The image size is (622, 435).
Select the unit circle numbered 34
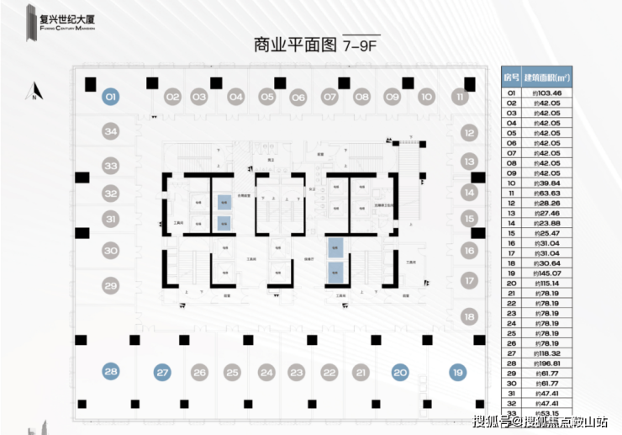(111, 131)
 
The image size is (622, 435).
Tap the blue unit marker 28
(111, 371)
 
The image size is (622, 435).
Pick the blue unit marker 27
(163, 371)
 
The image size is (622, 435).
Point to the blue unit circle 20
(400, 371)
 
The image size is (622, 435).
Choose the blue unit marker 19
(457, 371)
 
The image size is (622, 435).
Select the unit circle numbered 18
(469, 316)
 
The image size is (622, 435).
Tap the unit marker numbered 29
(111, 285)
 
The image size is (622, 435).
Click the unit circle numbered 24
(266, 371)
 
